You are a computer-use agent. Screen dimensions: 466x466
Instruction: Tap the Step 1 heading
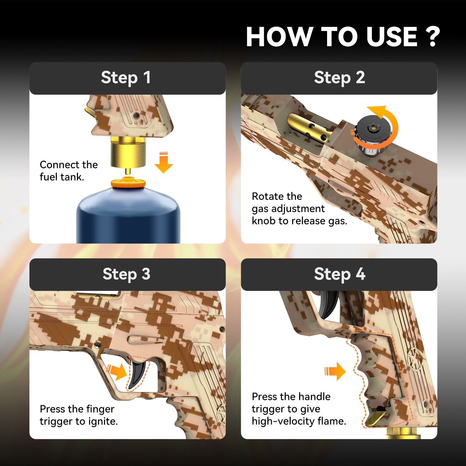pos(126,78)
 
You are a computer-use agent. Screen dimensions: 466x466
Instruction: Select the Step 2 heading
pos(339,78)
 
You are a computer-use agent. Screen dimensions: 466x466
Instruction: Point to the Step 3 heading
pos(126,274)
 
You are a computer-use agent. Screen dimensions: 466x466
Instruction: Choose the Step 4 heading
pos(340,274)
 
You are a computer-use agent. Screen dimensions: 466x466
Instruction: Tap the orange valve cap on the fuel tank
pos(128,182)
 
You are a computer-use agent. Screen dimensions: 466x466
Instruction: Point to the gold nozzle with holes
pos(309,127)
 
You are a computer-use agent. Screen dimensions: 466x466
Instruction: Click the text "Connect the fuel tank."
pos(69,171)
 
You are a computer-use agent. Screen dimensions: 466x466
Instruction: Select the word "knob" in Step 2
pos(264,221)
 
